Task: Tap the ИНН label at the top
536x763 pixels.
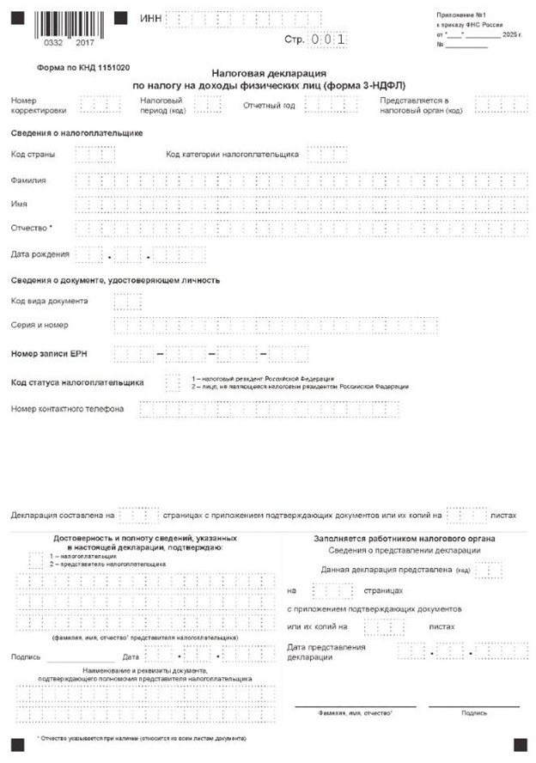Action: tap(149, 19)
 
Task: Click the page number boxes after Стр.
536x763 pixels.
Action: tap(329, 40)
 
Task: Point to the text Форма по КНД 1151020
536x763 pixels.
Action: tap(83, 67)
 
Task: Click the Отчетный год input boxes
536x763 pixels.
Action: tap(324, 105)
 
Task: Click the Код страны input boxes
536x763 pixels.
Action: tap(94, 155)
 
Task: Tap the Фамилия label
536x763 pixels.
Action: tap(28, 180)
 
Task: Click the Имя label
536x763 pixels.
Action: tap(20, 204)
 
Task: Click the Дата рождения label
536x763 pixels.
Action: tap(40, 254)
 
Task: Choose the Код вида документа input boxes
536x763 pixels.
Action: tap(127, 302)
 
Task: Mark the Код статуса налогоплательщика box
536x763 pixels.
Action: tap(173, 381)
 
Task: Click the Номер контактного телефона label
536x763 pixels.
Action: tap(67, 409)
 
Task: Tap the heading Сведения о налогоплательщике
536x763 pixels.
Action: tap(76, 133)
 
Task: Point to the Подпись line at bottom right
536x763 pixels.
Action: tap(473, 705)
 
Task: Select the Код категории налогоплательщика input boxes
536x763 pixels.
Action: tap(327, 155)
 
